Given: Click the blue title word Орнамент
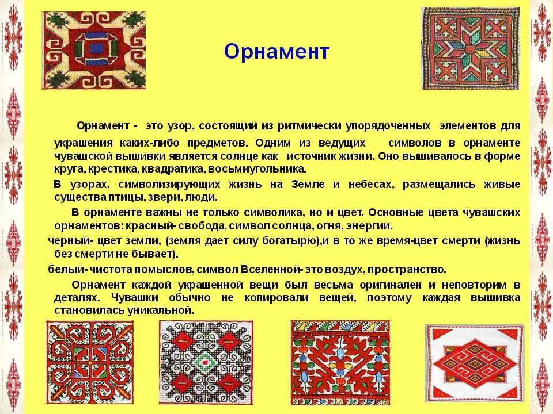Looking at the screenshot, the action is (276, 52).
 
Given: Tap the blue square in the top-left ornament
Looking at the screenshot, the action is (94, 48).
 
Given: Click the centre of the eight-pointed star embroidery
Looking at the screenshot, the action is (471, 48).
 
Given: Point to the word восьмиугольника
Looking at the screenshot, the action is (257, 169).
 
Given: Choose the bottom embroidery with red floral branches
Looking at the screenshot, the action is (340, 363).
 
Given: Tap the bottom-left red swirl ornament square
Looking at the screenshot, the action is (90, 363).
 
